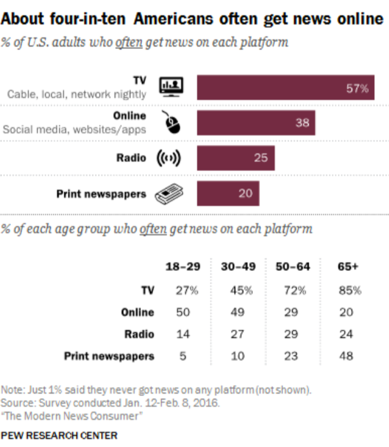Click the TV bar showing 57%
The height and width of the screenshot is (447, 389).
(285, 88)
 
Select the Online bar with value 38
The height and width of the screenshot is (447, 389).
(255, 123)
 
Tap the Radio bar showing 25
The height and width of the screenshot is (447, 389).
(235, 158)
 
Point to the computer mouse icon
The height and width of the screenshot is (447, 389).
(173, 123)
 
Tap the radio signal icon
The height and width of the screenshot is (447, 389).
(168, 158)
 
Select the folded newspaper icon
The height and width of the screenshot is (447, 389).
(170, 194)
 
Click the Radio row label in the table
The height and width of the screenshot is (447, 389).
(139, 335)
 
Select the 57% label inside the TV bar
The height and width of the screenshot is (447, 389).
(357, 88)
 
